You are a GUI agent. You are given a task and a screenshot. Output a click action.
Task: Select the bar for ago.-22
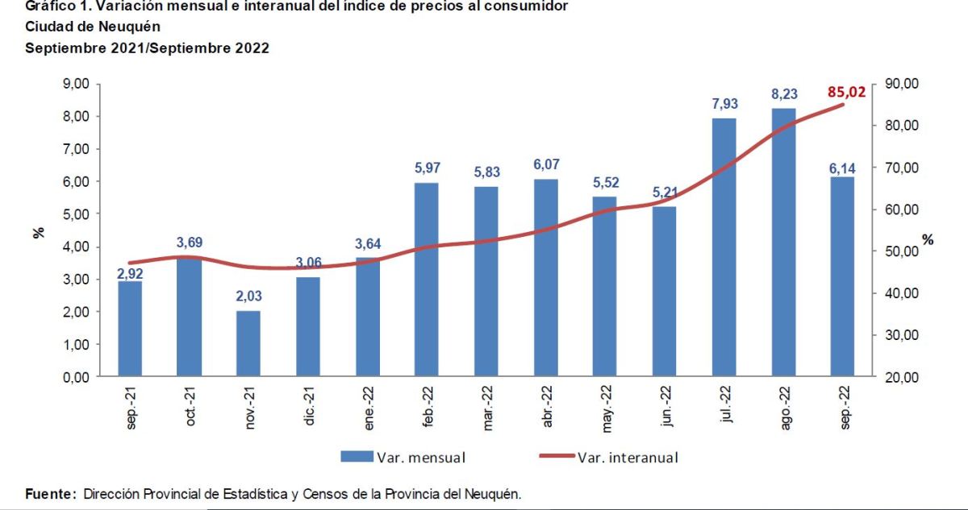coord(783,242)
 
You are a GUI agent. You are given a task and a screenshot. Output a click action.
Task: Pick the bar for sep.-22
coord(842,276)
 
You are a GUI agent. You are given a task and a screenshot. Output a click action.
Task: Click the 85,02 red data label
coord(846,92)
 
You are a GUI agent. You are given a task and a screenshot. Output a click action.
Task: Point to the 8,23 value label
coord(783,94)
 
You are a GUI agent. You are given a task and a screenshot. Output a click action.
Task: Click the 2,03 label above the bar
coord(248,296)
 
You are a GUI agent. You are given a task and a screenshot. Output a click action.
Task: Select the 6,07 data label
coord(545,164)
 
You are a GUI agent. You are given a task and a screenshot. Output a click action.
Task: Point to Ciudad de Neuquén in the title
coord(93,27)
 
